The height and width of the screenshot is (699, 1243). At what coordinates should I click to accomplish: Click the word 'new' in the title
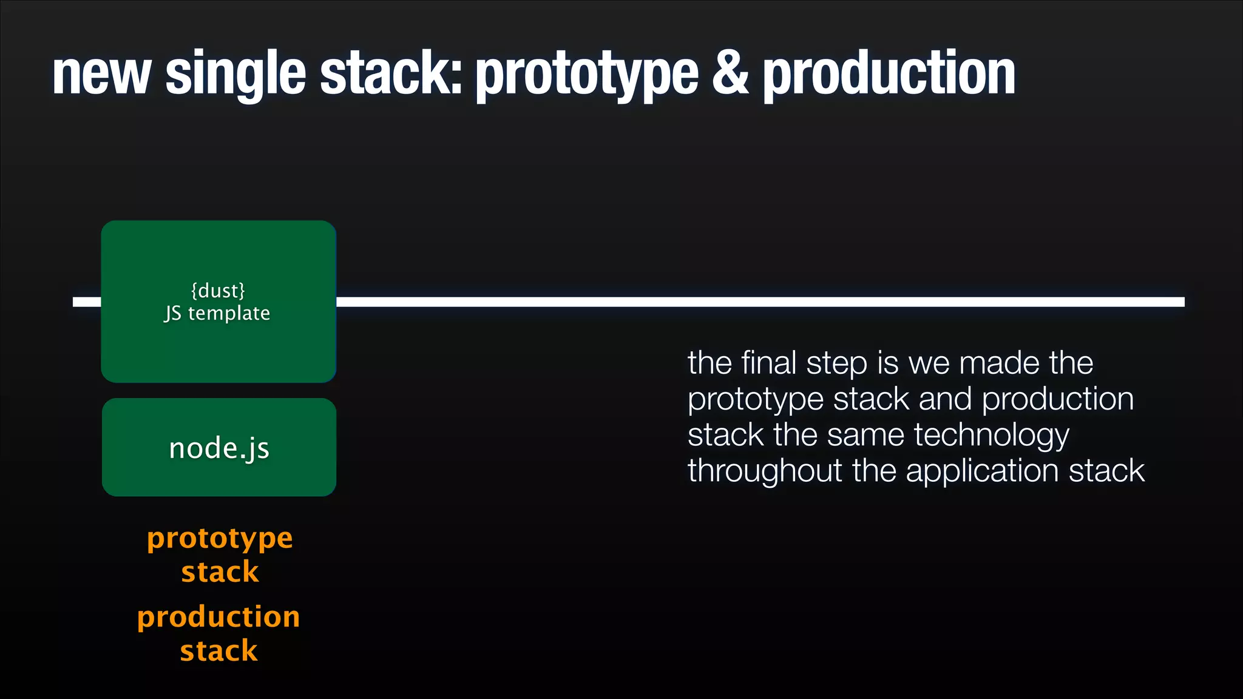(x=101, y=74)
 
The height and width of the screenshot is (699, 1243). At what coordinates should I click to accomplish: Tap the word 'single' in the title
(x=235, y=74)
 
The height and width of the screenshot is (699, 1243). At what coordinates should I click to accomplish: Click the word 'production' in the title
(x=889, y=74)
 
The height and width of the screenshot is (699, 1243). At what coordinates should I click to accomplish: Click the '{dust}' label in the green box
(x=218, y=291)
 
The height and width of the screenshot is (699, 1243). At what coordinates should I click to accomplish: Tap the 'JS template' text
(x=217, y=313)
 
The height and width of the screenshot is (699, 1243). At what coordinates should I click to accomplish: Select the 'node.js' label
(x=219, y=448)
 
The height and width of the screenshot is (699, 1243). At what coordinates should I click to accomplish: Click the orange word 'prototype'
(x=220, y=539)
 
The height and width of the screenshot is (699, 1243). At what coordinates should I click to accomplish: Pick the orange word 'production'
(x=218, y=618)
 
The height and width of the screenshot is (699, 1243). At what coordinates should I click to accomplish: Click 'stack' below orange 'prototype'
(x=220, y=572)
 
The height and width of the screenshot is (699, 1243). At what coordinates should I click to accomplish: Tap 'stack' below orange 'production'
(x=218, y=651)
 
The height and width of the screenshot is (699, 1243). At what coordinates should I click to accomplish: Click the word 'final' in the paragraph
(x=769, y=363)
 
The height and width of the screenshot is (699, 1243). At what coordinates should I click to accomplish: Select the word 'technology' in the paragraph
(x=991, y=436)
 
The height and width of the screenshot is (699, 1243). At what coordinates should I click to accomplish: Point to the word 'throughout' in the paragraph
(x=764, y=471)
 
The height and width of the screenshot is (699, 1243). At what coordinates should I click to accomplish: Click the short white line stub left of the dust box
(x=87, y=302)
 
